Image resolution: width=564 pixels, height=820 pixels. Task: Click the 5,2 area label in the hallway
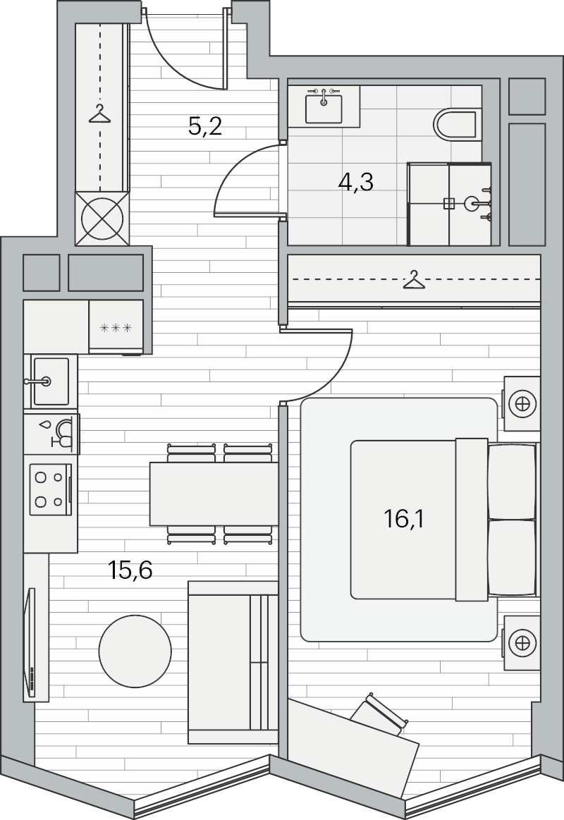click(205, 126)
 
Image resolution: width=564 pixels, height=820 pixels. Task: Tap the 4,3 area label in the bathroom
click(355, 183)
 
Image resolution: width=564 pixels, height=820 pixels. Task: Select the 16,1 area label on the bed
click(403, 519)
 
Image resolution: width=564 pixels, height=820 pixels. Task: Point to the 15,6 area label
click(130, 570)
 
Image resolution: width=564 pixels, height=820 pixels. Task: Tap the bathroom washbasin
click(324, 106)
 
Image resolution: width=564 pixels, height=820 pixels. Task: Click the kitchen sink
click(50, 381)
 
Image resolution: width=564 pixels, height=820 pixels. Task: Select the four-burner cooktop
click(50, 489)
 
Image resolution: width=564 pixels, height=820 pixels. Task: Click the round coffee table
click(135, 651)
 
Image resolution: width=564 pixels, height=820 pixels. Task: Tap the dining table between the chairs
click(214, 494)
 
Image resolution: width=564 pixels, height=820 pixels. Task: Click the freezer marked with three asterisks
click(116, 326)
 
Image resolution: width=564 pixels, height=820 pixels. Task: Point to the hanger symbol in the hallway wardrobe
click(100, 114)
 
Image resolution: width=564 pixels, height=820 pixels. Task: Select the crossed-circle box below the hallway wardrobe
click(102, 219)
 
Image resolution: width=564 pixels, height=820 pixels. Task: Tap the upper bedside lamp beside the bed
click(522, 404)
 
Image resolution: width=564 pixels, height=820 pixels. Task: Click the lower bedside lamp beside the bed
click(522, 643)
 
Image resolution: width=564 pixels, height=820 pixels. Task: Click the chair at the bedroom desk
click(379, 714)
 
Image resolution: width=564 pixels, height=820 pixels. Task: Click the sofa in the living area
click(233, 662)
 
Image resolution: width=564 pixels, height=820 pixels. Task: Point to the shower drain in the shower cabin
click(448, 204)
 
